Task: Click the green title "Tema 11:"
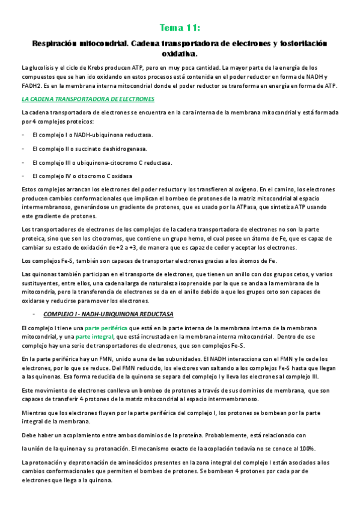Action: click(x=180, y=28)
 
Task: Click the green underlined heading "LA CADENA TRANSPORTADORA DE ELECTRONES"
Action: click(x=88, y=99)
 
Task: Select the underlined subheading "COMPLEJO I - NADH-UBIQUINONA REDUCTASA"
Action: click(x=108, y=314)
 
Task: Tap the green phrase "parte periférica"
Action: click(x=106, y=328)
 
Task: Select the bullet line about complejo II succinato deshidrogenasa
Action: click(x=90, y=149)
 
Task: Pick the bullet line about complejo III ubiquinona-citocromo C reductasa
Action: click(x=102, y=162)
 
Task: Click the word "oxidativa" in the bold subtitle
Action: click(x=180, y=54)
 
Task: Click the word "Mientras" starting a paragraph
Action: click(x=34, y=414)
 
